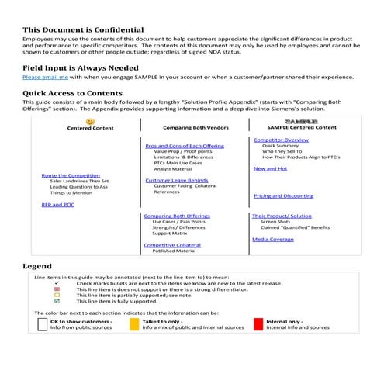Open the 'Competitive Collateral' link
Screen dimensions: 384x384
click(x=172, y=245)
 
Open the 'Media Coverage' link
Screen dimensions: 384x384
click(x=273, y=239)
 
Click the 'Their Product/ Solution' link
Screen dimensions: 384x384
click(x=282, y=216)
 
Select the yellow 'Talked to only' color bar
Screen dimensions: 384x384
click(x=134, y=323)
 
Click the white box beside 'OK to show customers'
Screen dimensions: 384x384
click(x=43, y=323)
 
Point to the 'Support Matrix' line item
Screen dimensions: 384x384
click(x=171, y=233)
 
